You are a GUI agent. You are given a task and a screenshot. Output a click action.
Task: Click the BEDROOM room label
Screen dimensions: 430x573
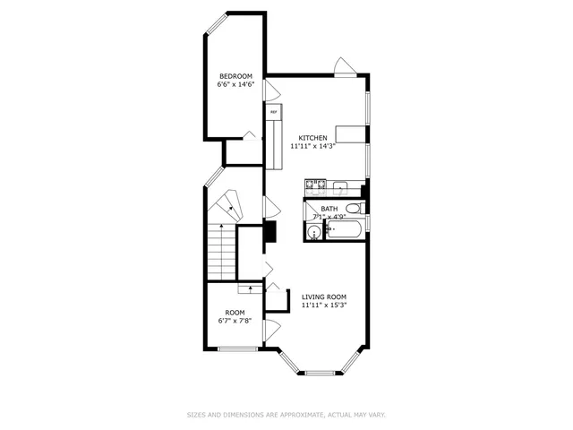(235, 76)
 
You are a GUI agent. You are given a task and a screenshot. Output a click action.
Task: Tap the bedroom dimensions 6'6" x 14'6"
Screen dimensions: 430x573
(235, 85)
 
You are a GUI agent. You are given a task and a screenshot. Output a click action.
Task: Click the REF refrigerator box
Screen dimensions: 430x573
(273, 113)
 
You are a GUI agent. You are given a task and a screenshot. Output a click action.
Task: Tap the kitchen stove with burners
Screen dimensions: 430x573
(314, 186)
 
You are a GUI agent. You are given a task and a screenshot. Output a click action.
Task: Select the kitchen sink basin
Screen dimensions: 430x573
(339, 187)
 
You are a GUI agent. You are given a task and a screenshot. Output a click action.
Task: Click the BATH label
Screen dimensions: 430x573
(329, 209)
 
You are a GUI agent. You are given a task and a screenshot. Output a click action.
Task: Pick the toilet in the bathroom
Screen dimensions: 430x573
(354, 210)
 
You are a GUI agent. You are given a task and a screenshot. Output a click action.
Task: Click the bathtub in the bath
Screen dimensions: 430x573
(345, 231)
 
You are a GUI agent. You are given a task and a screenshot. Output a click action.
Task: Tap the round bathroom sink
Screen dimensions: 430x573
(313, 232)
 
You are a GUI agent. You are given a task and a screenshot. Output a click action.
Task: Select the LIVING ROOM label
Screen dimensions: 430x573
(323, 297)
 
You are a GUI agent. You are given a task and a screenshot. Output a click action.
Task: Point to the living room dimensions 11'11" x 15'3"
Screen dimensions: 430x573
(323, 305)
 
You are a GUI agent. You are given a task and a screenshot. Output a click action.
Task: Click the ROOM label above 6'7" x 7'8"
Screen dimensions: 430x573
(235, 313)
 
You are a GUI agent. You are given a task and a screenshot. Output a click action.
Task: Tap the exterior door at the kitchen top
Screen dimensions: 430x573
(345, 67)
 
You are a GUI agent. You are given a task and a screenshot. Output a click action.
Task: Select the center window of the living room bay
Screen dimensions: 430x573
(323, 372)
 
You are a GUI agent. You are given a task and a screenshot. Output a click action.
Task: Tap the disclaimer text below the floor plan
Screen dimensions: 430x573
(286, 415)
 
